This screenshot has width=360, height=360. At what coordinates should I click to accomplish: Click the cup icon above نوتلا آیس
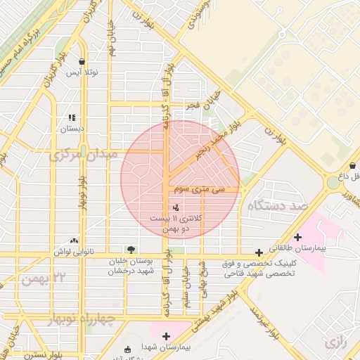[x=83, y=62]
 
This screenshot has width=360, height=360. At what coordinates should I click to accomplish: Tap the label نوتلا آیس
[x=82, y=72]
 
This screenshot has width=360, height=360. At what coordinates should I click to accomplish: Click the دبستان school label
[x=72, y=129]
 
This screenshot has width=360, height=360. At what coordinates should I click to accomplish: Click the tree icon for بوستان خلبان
[x=130, y=250]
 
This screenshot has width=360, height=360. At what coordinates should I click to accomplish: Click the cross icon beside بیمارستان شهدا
[x=166, y=336]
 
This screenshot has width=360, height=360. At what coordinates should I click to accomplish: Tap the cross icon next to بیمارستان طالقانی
[x=298, y=237]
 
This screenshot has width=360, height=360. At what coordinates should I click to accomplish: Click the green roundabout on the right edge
[x=333, y=182]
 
